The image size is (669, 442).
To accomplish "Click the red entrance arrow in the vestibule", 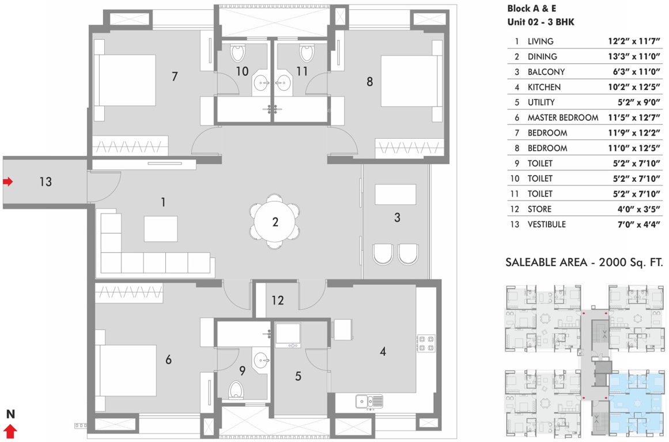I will [7, 182].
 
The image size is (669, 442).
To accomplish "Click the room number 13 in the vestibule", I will [46, 182].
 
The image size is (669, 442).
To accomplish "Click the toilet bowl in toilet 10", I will [237, 54].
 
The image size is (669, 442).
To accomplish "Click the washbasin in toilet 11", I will [284, 82].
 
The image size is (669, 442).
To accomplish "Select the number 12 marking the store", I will [278, 300].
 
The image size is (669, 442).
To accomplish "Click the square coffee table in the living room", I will [161, 228].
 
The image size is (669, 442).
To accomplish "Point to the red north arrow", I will [10, 431].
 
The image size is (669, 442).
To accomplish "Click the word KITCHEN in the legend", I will [544, 87].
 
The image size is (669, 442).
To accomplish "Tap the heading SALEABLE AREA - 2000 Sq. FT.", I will [584, 262].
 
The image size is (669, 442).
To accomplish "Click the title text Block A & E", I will [531, 9].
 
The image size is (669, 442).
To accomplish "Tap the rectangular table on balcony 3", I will [396, 194].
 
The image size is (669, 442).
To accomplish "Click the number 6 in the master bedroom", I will [168, 360].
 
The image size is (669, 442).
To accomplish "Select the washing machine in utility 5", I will [288, 335].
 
